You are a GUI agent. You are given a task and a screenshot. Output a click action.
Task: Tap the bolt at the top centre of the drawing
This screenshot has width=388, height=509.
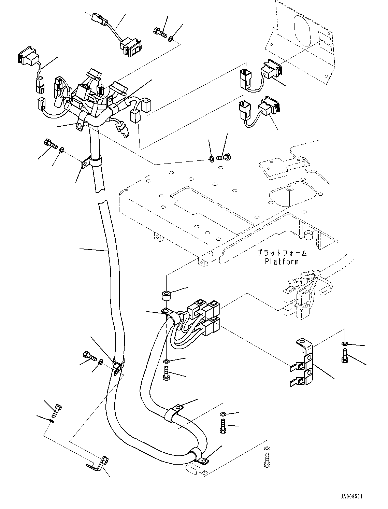tap(159, 33)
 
